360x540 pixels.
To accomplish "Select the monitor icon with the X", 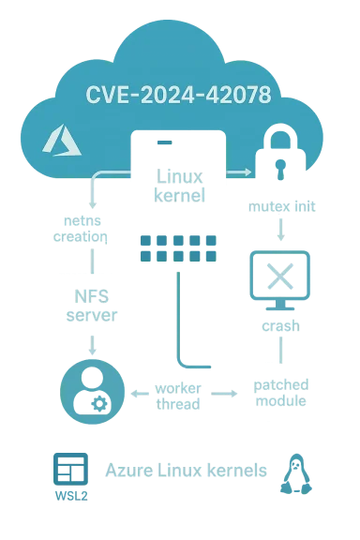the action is (278, 278).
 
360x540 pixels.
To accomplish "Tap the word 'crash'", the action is (279, 327).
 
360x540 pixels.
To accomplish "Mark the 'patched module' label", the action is (280, 394).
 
